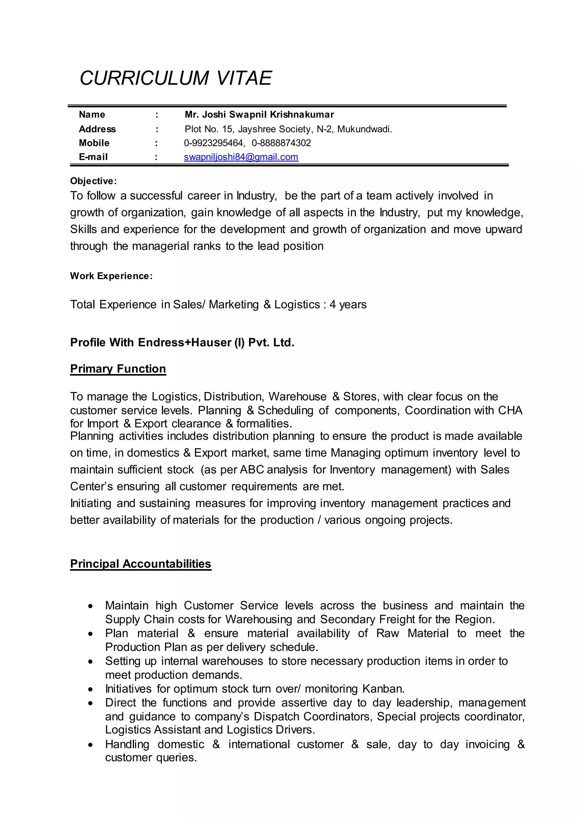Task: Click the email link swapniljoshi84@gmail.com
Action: pyautogui.click(x=241, y=157)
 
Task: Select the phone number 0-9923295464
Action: pyautogui.click(x=213, y=143)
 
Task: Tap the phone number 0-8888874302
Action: pyautogui.click(x=281, y=143)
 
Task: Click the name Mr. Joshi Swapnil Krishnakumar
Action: pyautogui.click(x=259, y=115)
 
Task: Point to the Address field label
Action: pyautogui.click(x=97, y=129)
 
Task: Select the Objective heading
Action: pyautogui.click(x=93, y=181)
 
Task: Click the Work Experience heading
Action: pyautogui.click(x=111, y=276)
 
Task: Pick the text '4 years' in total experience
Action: pyautogui.click(x=348, y=305)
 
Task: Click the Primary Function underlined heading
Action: pyautogui.click(x=118, y=369)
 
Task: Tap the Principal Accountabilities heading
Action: pyautogui.click(x=141, y=564)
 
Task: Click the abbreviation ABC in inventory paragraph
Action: pyautogui.click(x=252, y=469)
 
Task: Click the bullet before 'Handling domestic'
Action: pyautogui.click(x=91, y=745)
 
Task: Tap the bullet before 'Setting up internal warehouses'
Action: pyautogui.click(x=91, y=662)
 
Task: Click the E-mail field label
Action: pyautogui.click(x=93, y=157)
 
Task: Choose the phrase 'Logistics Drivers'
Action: pyautogui.click(x=271, y=730)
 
